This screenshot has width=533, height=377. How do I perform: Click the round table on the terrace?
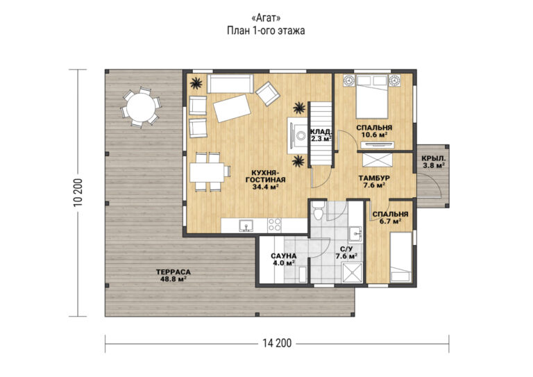tap(141, 107)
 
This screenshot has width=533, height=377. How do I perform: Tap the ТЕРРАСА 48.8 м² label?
tap(174, 276)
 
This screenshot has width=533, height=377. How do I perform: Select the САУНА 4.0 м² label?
tap(283, 260)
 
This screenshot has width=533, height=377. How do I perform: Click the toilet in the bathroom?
tap(318, 211)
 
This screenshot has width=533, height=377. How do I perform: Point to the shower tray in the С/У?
tap(353, 273)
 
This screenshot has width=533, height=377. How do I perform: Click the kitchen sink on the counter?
tap(246, 226)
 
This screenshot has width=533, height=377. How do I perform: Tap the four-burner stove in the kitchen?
tap(274, 225)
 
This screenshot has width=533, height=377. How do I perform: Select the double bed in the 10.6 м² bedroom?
tap(372, 97)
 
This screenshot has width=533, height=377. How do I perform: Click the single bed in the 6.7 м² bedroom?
tap(400, 257)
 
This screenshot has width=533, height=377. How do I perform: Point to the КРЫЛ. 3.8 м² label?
tap(433, 162)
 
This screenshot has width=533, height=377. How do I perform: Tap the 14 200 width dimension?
tap(277, 344)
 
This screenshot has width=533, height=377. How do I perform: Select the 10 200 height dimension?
tap(78, 192)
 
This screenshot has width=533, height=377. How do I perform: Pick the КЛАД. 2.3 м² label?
tap(321, 135)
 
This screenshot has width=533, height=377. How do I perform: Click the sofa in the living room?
tap(230, 83)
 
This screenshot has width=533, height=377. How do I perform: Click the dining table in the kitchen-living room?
tap(207, 172)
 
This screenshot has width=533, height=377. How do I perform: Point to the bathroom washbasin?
tap(356, 233)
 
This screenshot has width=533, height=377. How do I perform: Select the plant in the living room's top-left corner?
tap(196, 83)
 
